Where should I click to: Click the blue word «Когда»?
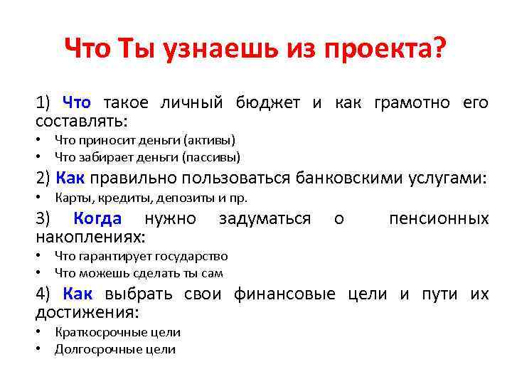[97, 218]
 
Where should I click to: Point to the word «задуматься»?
[265, 218]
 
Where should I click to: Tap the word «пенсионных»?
[439, 218]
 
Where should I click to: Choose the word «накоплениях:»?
[90, 235]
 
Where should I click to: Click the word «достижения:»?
[87, 311]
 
